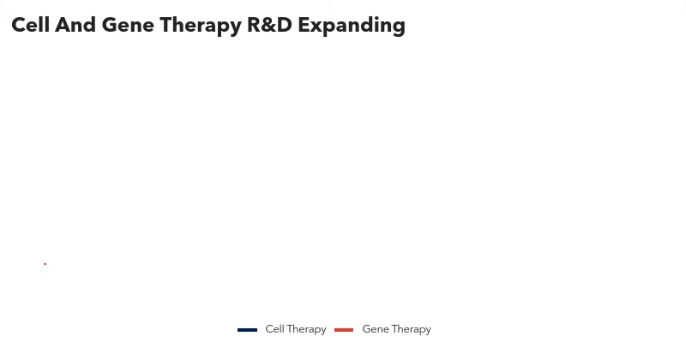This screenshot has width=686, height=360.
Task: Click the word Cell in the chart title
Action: tap(30, 25)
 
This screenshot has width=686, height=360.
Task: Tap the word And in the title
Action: tap(75, 25)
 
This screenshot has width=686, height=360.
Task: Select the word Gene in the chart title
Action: tap(128, 25)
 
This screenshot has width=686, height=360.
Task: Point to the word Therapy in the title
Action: tap(201, 27)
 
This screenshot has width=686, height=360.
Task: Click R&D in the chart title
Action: tap(269, 25)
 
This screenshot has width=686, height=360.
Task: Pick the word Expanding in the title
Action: tap(352, 27)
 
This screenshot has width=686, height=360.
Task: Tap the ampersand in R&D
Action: tap(269, 25)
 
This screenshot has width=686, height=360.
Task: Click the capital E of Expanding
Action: tap(304, 25)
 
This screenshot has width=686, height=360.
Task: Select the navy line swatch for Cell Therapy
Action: tap(247, 330)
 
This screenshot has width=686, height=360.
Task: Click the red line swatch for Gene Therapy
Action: tap(344, 330)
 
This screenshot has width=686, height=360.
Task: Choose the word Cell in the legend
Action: tap(274, 329)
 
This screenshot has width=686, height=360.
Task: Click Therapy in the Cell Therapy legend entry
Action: tap(306, 329)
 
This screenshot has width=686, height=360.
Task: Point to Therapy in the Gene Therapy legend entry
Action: tap(412, 329)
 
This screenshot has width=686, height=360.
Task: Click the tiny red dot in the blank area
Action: tap(45, 264)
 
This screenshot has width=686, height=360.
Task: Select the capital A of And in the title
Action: tap(63, 25)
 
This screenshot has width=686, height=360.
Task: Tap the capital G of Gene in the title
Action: tap(110, 25)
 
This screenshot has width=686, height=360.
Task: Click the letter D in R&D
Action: tap(285, 25)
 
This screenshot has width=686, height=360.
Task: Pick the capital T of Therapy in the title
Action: tap(166, 25)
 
